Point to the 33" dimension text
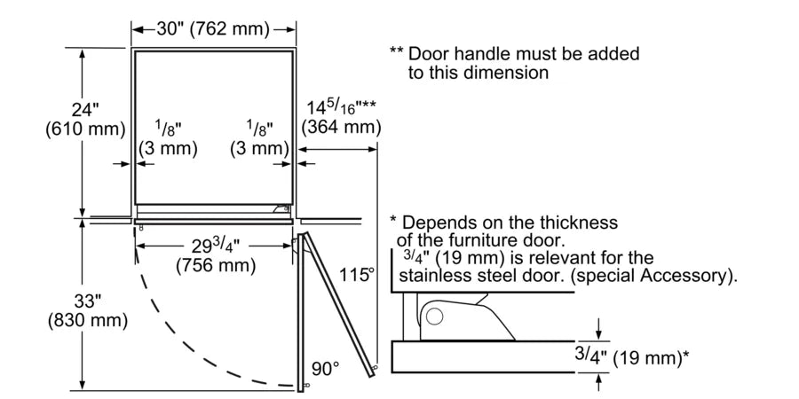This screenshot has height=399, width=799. tap(86, 300)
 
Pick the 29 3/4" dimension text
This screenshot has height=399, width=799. tap(214, 246)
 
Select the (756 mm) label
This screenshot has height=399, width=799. tap(215, 264)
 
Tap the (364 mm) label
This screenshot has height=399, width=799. tap(341, 128)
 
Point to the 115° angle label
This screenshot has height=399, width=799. tap(357, 275)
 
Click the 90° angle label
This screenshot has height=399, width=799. tap(324, 367)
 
